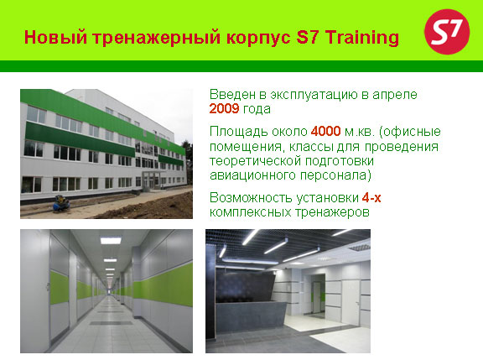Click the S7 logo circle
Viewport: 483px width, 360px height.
click(x=447, y=32)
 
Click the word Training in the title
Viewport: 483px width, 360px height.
click(x=362, y=38)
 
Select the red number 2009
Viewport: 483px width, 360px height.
click(x=224, y=109)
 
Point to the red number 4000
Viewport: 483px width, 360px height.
click(x=325, y=131)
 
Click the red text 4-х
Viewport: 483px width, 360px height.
click(x=371, y=197)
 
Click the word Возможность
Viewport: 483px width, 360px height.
click(x=251, y=197)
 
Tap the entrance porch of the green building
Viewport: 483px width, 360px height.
click(x=151, y=180)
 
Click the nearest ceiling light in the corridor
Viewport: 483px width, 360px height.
click(x=111, y=240)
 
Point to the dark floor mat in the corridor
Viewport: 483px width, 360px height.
click(x=111, y=323)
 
